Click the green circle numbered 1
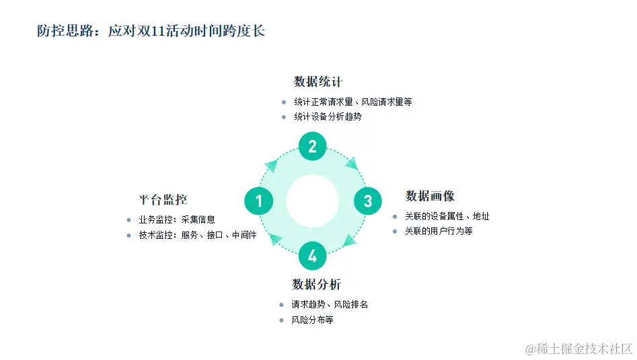(258, 201)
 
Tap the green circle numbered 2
(312, 146)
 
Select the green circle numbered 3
(367, 201)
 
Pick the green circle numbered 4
(312, 256)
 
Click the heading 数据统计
(318, 82)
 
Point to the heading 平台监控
(163, 200)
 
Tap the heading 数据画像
(430, 196)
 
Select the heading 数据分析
(316, 284)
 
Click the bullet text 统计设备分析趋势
(328, 116)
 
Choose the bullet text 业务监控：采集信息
(177, 219)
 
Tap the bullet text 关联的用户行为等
(439, 231)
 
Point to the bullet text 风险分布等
(312, 320)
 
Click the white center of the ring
(312, 201)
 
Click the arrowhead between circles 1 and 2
(272, 166)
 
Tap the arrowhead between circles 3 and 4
(350, 240)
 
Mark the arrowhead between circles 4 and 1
(272, 238)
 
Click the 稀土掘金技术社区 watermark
(579, 348)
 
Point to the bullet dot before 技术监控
(128, 235)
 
